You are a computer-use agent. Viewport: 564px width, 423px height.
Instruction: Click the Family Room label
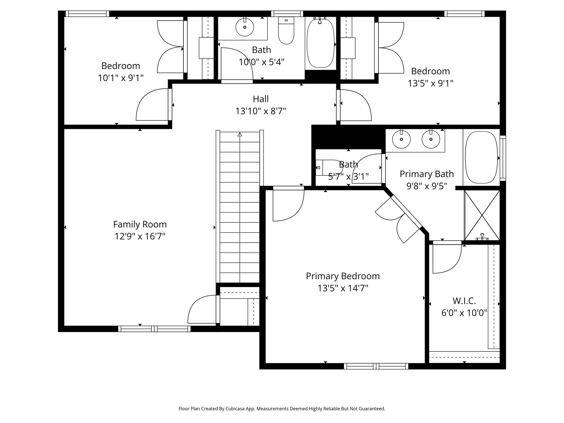pos(140,224)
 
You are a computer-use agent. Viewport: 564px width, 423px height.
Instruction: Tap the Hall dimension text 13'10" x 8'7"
pos(261,111)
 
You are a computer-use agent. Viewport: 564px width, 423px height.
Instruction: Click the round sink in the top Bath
pos(245,27)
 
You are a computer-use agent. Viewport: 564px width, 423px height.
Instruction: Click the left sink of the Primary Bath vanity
pos(401,139)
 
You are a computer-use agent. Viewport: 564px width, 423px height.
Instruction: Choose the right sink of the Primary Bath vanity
pos(431,139)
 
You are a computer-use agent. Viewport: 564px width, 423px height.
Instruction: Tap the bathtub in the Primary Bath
pos(481,158)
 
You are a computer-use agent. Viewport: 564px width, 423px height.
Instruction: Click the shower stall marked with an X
pos(482,215)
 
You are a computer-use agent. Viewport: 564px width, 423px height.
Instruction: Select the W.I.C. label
pos(464,301)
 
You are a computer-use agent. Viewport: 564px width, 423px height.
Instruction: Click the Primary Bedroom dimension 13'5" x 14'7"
pos(343,288)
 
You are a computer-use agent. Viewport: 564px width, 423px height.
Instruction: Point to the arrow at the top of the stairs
pos(240,134)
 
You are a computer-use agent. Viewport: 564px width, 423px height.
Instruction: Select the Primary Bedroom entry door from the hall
pos(288,205)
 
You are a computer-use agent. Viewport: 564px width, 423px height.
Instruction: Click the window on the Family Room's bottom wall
pos(154,329)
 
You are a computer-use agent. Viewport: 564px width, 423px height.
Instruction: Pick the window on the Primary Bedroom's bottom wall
pos(376,366)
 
